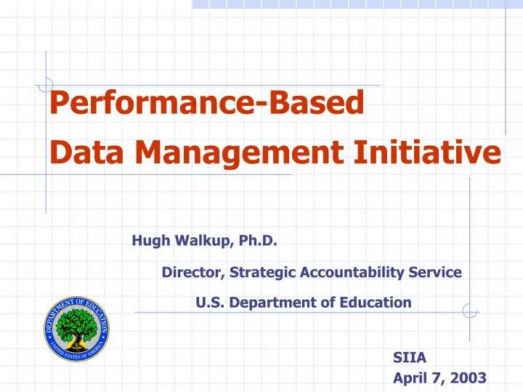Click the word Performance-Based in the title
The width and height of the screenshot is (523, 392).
(x=206, y=105)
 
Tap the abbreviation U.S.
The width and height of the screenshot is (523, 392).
(x=210, y=302)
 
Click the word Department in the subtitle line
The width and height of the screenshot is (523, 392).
(x=275, y=302)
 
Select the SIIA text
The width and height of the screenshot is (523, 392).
(x=410, y=356)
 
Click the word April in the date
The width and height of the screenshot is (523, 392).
(x=408, y=377)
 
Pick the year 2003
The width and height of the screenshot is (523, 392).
(x=469, y=377)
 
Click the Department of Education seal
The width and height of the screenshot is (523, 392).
(x=76, y=330)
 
